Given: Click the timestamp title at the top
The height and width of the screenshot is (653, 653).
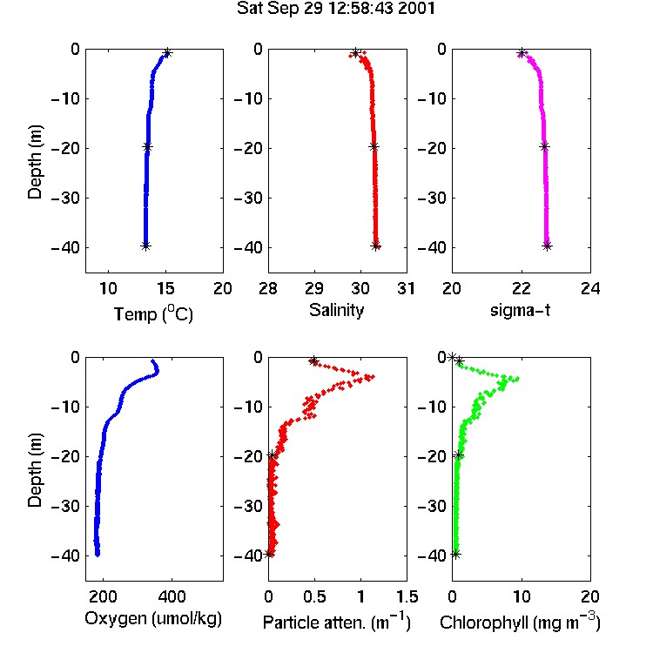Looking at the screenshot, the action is point(336,9).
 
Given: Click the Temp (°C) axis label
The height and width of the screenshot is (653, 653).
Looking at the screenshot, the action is point(153,313).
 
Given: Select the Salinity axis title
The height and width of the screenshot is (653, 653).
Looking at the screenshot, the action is point(336,310).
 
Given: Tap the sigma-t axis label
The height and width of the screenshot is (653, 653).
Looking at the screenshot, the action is point(520,311).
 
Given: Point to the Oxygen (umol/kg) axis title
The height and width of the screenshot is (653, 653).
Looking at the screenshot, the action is point(153,619).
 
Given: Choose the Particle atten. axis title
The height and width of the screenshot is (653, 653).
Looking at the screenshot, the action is point(336,622).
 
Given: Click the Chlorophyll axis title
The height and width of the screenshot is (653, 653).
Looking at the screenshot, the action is point(520,622).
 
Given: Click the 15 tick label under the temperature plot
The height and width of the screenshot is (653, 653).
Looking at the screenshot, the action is point(165,288).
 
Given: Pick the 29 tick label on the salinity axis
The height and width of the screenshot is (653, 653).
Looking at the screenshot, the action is point(314,288).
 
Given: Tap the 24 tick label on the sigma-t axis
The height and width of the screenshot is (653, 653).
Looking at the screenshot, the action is point(590,288).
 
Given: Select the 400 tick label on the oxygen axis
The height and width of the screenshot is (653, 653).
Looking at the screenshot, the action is point(172,596).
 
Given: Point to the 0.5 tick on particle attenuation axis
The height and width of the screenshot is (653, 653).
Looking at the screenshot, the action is point(314,596).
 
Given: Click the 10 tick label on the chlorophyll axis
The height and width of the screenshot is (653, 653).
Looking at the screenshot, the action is point(521,596).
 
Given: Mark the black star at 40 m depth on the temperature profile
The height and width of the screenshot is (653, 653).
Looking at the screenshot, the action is point(145,246).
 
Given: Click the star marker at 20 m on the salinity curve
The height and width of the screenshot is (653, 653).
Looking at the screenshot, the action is point(374,146).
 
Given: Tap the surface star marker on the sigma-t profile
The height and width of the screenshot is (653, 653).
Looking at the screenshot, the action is point(522,53).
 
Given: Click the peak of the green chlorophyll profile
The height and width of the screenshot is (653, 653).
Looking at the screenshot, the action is point(517,379).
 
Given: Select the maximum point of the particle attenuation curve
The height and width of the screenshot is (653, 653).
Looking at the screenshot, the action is point(373,376).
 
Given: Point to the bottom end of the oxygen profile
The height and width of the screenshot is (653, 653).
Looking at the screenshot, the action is point(98,555).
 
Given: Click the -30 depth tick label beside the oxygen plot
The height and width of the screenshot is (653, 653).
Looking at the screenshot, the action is point(65,506).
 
